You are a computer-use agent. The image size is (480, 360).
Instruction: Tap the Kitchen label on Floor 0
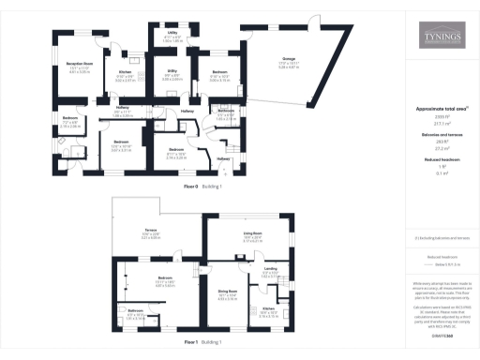tap(125, 73)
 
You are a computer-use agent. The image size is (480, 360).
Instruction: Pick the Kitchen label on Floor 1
tap(267, 310)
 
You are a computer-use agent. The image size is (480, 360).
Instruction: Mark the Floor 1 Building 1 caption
tap(204, 343)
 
